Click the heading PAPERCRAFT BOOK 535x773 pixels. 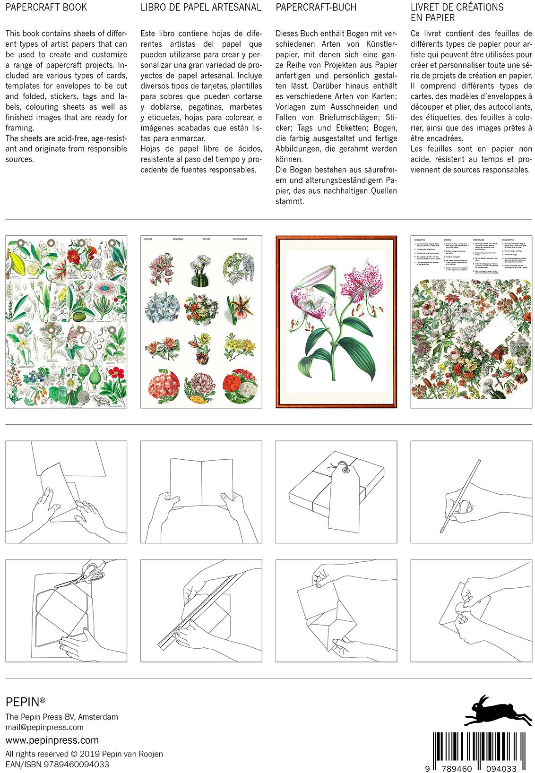[46, 8]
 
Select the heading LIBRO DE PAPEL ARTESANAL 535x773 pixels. [200, 8]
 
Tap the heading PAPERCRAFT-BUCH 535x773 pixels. [316, 8]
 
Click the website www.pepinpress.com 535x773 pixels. [52, 740]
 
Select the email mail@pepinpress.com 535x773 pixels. [44, 727]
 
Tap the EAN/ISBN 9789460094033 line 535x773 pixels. [57, 764]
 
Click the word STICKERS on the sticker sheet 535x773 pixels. [148, 240]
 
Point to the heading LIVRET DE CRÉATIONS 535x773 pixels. [457, 8]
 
